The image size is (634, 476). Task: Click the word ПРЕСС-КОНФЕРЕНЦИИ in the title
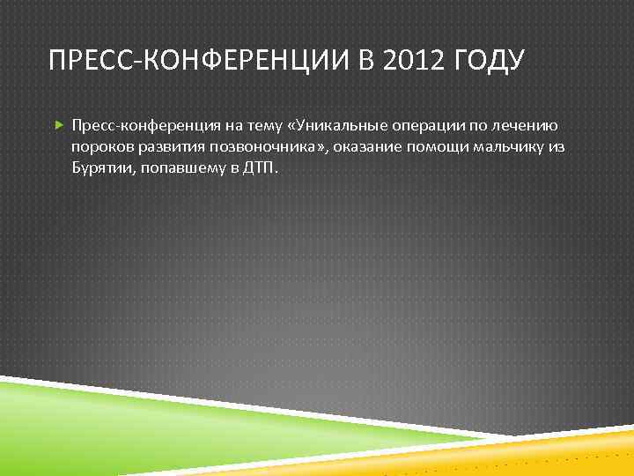200,61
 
